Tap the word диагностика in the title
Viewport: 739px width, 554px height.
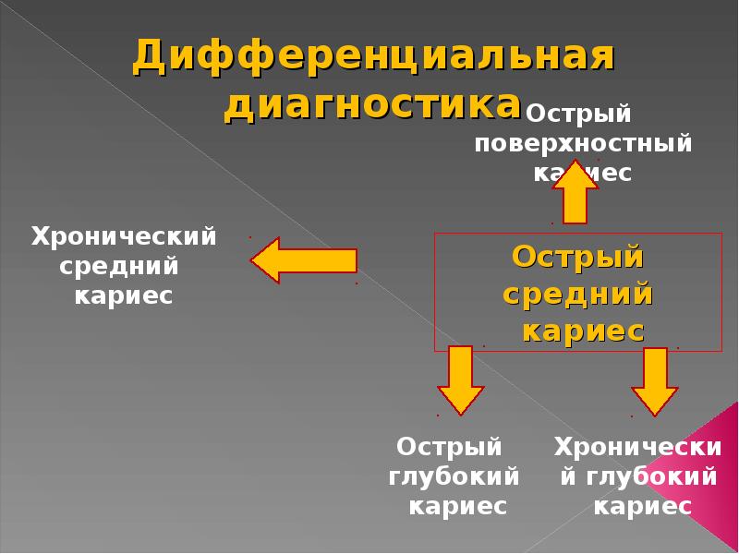tap(372, 104)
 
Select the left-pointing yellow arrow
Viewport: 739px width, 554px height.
tap(304, 260)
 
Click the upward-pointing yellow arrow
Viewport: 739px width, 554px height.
tap(575, 192)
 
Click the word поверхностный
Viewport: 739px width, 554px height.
tap(583, 144)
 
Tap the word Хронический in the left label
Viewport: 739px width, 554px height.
tap(124, 236)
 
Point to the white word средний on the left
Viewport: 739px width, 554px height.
tap(119, 267)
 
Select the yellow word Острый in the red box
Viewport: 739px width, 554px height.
tap(578, 256)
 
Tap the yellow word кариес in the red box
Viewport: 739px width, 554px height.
tap(582, 331)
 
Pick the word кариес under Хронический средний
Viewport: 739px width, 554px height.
tap(124, 297)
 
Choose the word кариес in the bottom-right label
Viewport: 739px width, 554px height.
tap(642, 507)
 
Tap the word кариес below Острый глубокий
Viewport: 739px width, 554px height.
tap(458, 507)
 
